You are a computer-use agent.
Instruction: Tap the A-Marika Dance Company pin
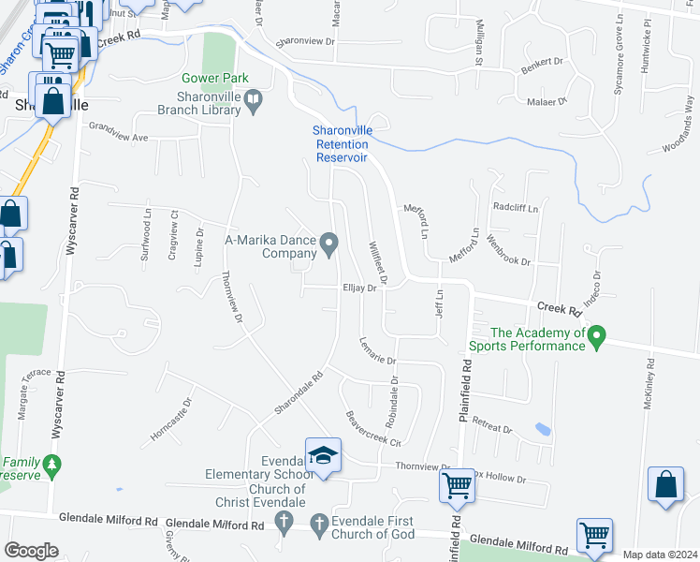click(329, 245)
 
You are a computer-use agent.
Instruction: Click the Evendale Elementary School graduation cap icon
click(324, 455)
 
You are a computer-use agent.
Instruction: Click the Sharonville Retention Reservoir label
click(342, 144)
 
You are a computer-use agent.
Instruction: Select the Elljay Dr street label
click(358, 288)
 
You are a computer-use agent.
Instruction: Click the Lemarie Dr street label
click(378, 352)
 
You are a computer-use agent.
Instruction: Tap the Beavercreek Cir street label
click(372, 429)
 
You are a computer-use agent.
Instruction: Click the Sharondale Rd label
click(299, 394)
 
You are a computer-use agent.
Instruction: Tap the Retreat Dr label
click(492, 424)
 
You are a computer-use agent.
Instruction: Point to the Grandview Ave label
click(119, 137)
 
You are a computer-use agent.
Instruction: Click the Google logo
click(30, 551)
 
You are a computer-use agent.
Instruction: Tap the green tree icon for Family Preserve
click(53, 463)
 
